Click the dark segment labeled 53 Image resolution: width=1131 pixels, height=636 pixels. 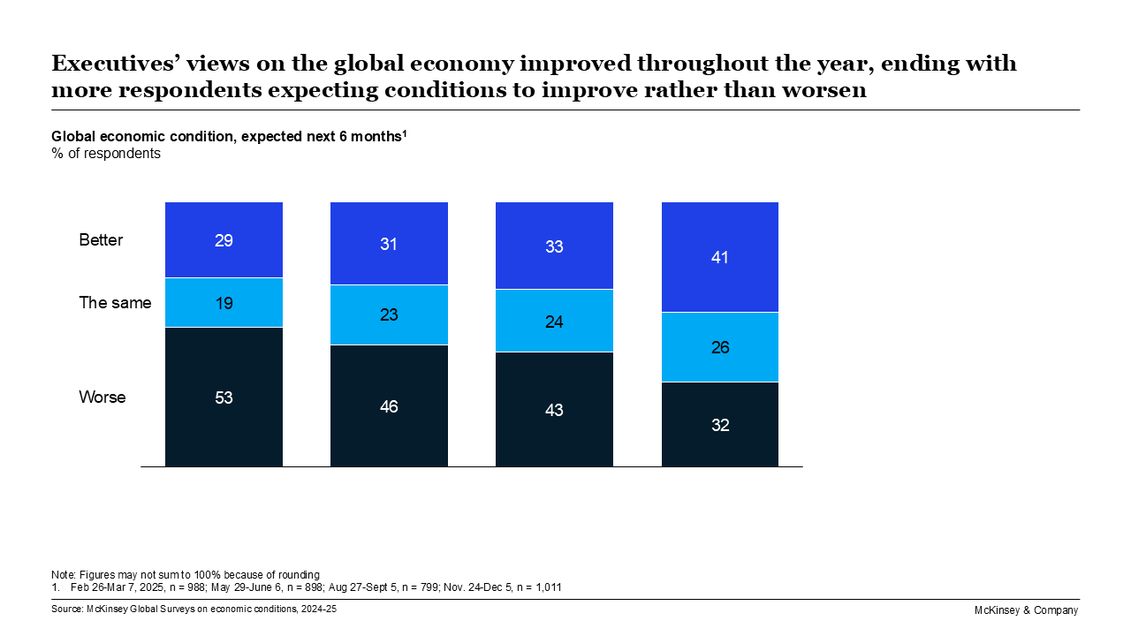224,397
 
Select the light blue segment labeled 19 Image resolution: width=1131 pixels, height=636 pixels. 224,302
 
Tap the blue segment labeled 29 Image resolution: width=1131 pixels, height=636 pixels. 224,239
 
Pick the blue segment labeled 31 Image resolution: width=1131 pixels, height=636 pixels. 389,244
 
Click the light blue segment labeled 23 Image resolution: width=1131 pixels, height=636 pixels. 389,314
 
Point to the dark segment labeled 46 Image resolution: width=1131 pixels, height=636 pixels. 389,405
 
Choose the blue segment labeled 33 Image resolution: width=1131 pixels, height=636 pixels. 554,246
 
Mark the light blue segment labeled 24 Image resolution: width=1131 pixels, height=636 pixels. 554,321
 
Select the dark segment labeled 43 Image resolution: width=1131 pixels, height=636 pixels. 554,409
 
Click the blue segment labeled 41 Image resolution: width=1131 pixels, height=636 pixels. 720,257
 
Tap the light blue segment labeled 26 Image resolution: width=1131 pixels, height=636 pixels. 720,347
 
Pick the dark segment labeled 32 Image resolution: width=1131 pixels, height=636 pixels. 720,424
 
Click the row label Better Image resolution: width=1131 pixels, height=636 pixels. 101,240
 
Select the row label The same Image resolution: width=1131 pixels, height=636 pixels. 115,303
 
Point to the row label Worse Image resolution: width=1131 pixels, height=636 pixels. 102,397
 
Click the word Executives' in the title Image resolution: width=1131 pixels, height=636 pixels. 110,64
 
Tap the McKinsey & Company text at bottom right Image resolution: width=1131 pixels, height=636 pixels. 1026,610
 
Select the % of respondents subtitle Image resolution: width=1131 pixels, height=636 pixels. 105,154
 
